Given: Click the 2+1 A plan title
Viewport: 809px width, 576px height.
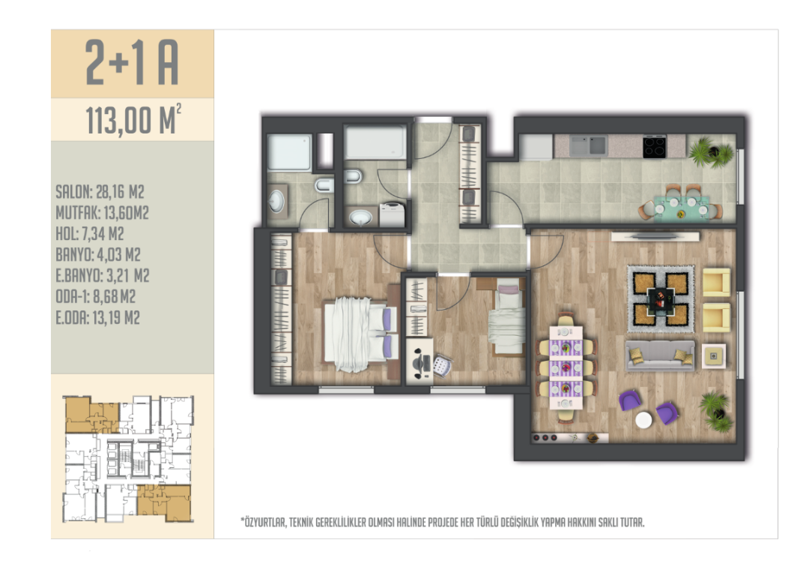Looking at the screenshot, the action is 132,62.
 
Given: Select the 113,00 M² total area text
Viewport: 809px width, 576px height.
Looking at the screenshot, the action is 133,119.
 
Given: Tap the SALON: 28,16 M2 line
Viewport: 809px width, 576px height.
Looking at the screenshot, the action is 100,192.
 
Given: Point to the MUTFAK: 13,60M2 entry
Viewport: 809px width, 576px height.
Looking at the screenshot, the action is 102,213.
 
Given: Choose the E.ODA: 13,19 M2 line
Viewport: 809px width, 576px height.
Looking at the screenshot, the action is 98,317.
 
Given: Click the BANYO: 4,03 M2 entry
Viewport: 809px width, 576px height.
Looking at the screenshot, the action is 98,255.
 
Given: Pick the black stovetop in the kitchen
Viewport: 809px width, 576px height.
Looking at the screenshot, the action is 654,146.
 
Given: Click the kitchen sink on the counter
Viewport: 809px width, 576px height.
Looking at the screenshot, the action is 588,145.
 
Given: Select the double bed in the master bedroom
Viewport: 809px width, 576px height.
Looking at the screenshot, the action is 360,334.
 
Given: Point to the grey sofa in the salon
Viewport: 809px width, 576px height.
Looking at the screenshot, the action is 660,355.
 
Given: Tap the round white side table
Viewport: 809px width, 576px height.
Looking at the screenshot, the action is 643,420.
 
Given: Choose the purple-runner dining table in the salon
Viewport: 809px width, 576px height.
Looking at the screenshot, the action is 566,367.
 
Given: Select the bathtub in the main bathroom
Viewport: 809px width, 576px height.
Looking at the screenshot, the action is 375,142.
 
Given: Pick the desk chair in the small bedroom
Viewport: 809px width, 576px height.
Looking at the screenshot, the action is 441,366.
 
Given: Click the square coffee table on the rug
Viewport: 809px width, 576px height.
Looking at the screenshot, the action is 661,299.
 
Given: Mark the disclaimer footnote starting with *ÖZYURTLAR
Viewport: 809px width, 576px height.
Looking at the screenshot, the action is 443,522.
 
